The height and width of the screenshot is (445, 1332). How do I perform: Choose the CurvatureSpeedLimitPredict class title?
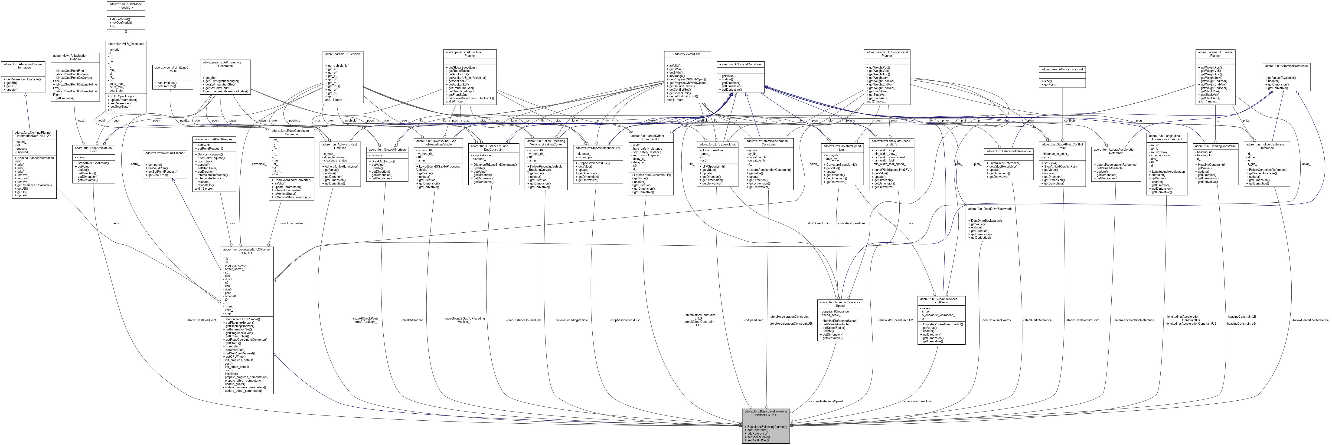tap(941, 301)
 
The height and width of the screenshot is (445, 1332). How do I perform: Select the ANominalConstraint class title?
tap(739, 64)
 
